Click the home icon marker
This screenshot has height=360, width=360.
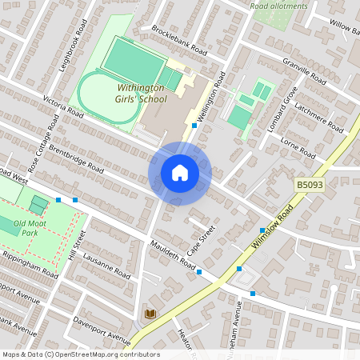pyautogui.click(x=180, y=173)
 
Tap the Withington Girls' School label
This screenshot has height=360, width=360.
pyautogui.click(x=141, y=93)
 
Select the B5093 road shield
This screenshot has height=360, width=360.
pyautogui.click(x=310, y=185)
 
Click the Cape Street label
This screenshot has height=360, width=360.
pyautogui.click(x=207, y=243)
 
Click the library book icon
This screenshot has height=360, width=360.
pyautogui.click(x=150, y=314)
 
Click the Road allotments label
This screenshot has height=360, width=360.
pyautogui.click(x=278, y=6)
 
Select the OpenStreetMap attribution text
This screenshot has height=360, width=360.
pyautogui.click(x=80, y=354)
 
